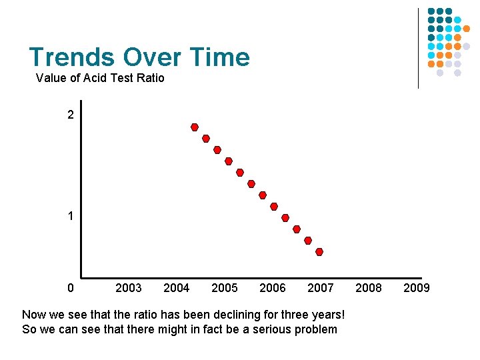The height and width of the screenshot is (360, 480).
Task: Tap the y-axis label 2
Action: pos(71,115)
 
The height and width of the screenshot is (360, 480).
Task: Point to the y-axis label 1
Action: pos(71,217)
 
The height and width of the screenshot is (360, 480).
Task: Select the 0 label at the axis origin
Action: pos(71,288)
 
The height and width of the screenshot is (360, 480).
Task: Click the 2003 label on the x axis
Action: pos(129,288)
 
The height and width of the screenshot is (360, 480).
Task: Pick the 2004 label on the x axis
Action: pos(177,288)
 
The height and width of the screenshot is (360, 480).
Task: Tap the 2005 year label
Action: pos(225,288)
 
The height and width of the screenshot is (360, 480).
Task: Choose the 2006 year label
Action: pos(273,288)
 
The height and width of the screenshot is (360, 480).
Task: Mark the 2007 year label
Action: pos(321,288)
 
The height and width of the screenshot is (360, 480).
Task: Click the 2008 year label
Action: pos(369,288)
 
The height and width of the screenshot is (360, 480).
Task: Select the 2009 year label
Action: pos(417,288)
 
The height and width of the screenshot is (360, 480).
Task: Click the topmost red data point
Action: pos(195,127)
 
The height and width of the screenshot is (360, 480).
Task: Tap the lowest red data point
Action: pos(319,252)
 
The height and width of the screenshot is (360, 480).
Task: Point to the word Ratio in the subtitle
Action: pos(150,78)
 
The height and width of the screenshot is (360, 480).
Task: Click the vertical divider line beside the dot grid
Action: pos(418,48)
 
